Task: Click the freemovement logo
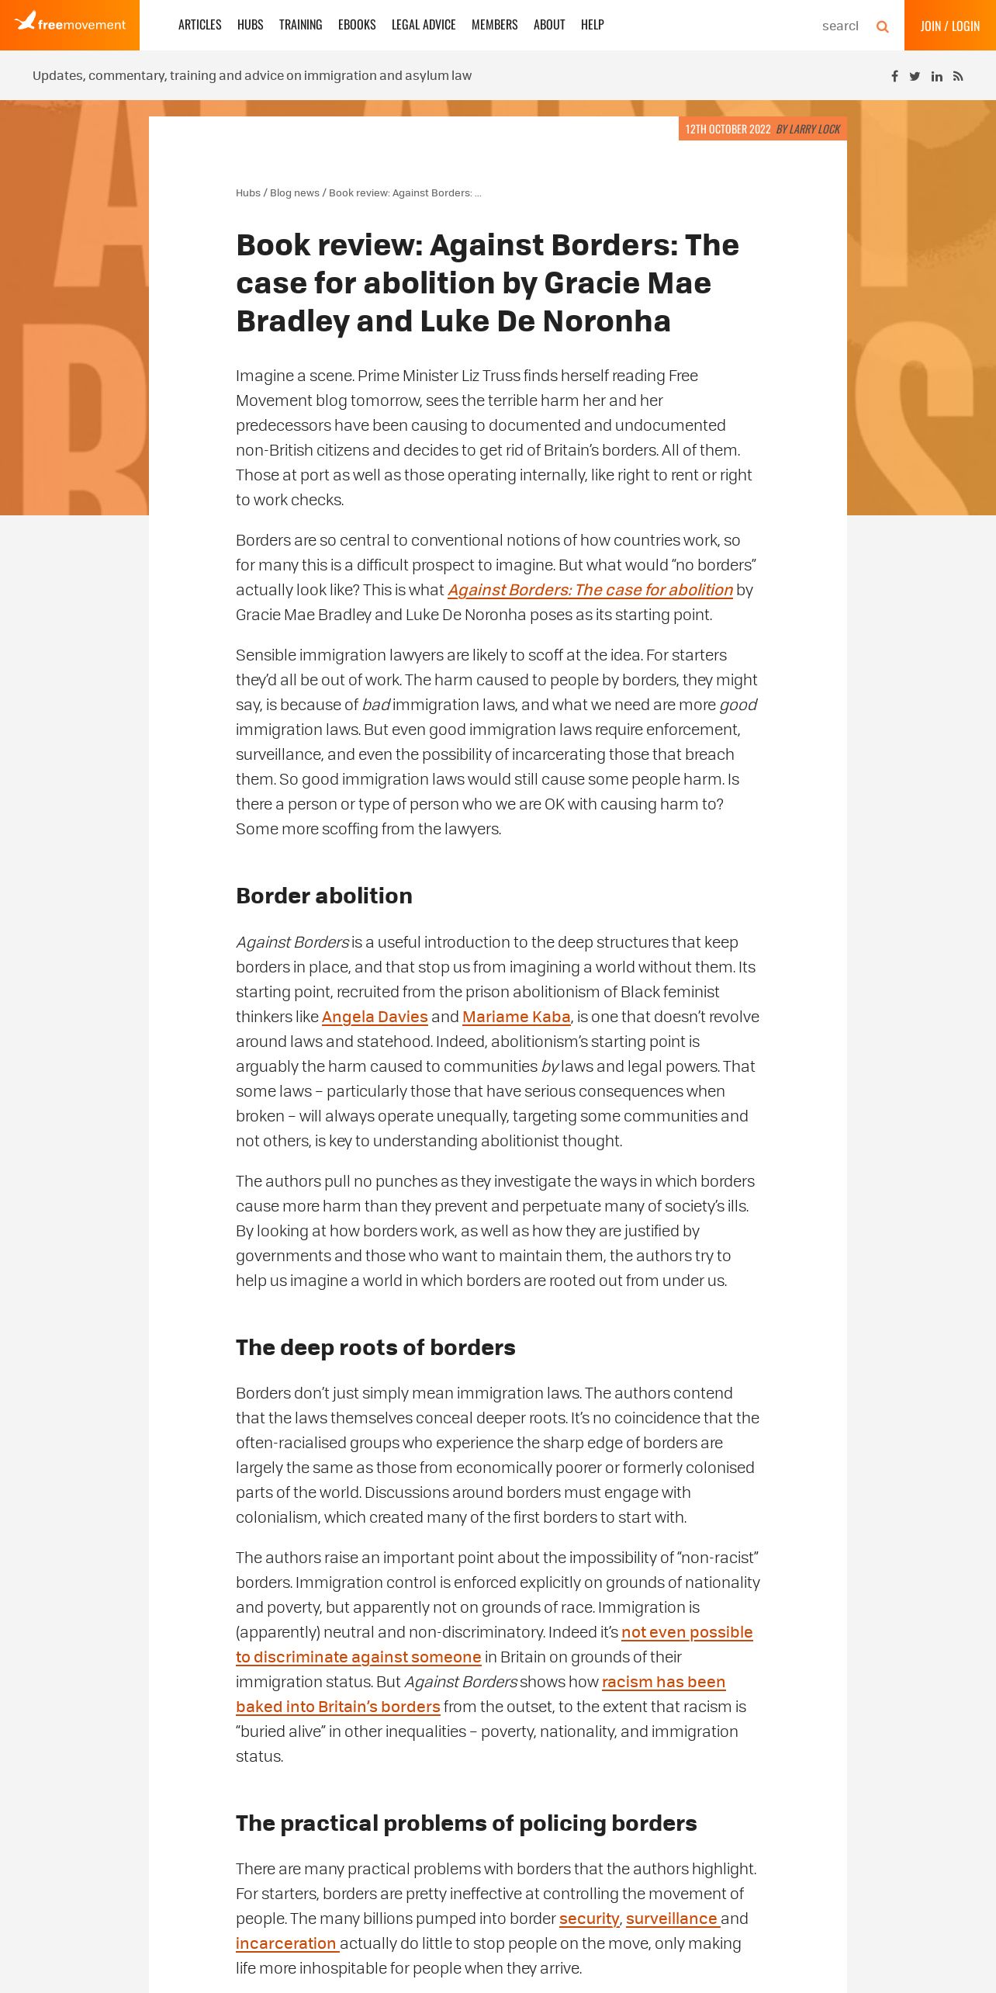[70, 23]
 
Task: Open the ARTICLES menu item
[199, 25]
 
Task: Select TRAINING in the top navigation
[300, 25]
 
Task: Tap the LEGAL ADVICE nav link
[424, 25]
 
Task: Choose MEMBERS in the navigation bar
[494, 25]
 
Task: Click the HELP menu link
[592, 25]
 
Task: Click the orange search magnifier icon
[882, 26]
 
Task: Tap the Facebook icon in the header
[894, 76]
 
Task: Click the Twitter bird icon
[915, 76]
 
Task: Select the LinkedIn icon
[937, 76]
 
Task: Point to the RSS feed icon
[958, 76]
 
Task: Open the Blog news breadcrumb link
[294, 193]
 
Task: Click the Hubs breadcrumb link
[248, 193]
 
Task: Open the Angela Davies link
[375, 1017]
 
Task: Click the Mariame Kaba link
[516, 1017]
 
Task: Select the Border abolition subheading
[324, 896]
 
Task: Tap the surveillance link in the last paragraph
[671, 1918]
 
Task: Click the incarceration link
[285, 1943]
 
